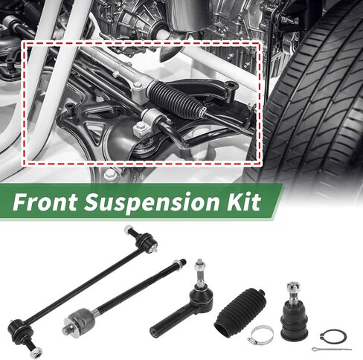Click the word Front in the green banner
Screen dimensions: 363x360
pyautogui.click(x=45, y=202)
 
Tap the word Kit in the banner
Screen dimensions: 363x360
pyautogui.click(x=242, y=202)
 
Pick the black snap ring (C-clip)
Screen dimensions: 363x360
pyautogui.click(x=333, y=337)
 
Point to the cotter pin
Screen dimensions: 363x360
pyautogui.click(x=332, y=349)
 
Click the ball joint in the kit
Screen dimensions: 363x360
pyautogui.click(x=294, y=311)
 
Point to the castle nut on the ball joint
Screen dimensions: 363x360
pyautogui.click(x=293, y=286)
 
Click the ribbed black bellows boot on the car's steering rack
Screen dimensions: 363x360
pyautogui.click(x=176, y=99)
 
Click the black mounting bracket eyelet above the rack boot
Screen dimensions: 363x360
pyautogui.click(x=231, y=86)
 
